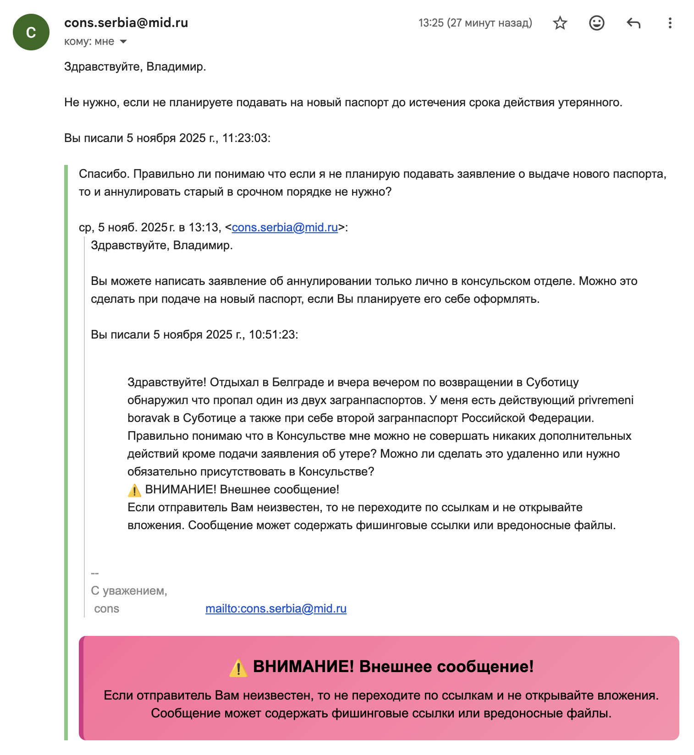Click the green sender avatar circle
click(x=31, y=32)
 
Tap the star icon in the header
click(x=560, y=23)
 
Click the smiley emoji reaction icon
click(x=596, y=23)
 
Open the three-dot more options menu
click(x=670, y=23)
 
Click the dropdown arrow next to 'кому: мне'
click(x=123, y=42)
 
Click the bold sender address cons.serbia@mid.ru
click(x=126, y=23)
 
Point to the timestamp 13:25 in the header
click(x=431, y=23)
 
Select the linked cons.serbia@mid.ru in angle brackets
click(x=285, y=227)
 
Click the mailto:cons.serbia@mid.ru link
click(x=276, y=608)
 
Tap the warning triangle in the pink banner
click(x=238, y=668)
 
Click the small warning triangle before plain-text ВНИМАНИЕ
click(x=134, y=490)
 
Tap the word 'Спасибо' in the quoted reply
click(x=104, y=174)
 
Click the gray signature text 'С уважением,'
click(x=129, y=591)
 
